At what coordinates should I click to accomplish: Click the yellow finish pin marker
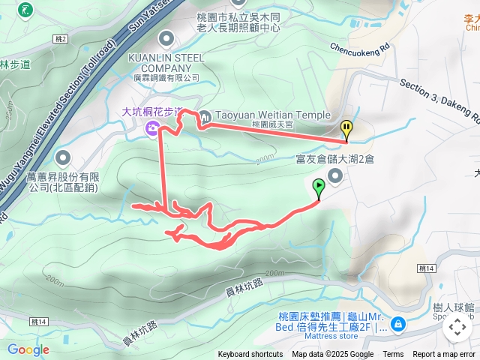pos(346,128)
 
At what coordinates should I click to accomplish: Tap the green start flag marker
pos(319,187)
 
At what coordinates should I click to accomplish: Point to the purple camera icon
pos(152,130)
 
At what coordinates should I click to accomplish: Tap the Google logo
pos(28,349)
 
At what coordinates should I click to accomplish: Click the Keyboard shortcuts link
pos(250,355)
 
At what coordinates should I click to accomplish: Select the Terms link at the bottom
pos(393,355)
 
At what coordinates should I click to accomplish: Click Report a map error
pos(444,355)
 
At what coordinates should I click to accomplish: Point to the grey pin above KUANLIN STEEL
pos(165,37)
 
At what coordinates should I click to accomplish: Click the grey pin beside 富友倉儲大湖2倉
pos(334,175)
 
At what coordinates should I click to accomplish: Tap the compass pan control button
pos(457,327)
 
